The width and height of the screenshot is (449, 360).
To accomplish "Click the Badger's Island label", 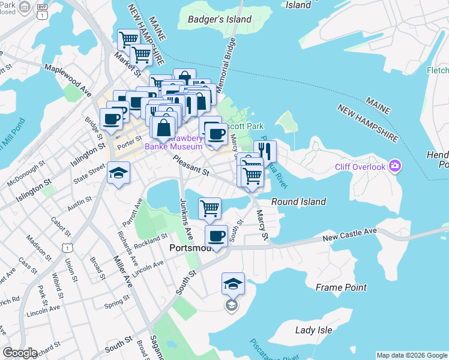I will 220,19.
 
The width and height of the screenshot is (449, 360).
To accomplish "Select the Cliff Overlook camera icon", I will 394,165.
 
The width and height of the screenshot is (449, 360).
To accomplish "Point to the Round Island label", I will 298,202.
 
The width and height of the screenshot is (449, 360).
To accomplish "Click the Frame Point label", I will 341,287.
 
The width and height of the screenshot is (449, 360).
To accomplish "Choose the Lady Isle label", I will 313,330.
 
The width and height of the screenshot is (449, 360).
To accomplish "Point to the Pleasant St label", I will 190,166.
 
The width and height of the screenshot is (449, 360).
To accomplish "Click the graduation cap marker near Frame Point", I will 233,283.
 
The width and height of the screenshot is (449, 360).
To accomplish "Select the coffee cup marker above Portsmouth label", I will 216,236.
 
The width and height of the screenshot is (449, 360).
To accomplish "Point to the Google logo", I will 19,353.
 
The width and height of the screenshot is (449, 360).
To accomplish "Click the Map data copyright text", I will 412,355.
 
